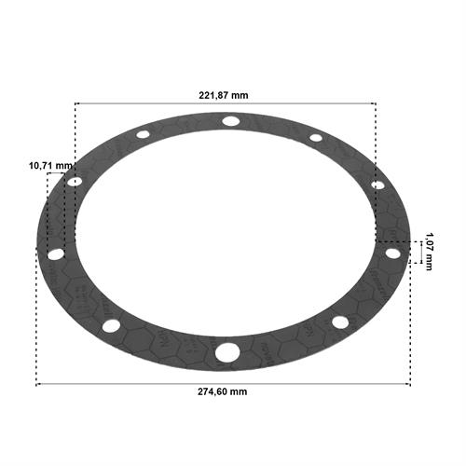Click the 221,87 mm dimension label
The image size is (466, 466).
click(x=224, y=95)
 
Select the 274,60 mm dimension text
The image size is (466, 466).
click(x=223, y=391)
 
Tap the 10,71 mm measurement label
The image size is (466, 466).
click(x=50, y=166)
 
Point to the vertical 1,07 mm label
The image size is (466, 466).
click(x=429, y=252)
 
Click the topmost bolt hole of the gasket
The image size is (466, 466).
click(x=231, y=121)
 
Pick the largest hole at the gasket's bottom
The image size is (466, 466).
click(x=227, y=352)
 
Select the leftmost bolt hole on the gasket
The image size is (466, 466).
click(x=56, y=254)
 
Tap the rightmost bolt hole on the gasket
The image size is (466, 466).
click(x=393, y=254)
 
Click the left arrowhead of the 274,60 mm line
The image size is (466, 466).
click(x=37, y=385)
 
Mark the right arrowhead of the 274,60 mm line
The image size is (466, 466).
click(x=409, y=385)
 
